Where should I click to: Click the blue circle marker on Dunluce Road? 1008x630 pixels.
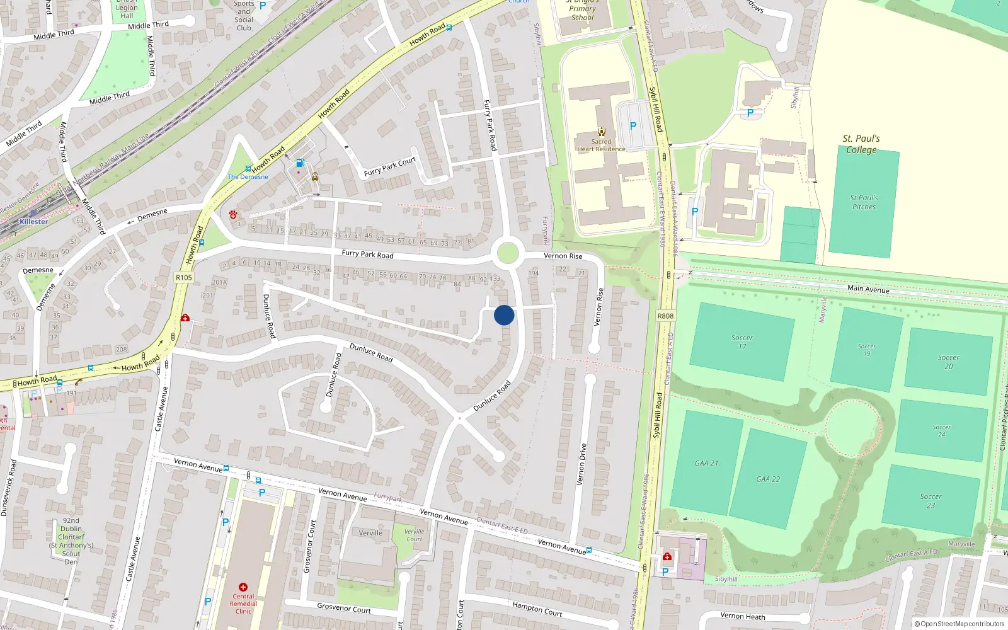pyautogui.click(x=504, y=315)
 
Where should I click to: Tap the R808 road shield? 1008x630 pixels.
pyautogui.click(x=665, y=316)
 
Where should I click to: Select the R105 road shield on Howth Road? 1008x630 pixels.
pyautogui.click(x=184, y=278)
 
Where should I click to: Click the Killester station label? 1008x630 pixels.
pyautogui.click(x=33, y=222)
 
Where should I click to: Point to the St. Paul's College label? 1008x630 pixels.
pyautogui.click(x=861, y=144)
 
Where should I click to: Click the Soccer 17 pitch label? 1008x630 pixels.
pyautogui.click(x=742, y=342)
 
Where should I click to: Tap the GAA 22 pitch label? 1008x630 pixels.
pyautogui.click(x=768, y=479)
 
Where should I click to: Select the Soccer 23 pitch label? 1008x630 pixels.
pyautogui.click(x=931, y=501)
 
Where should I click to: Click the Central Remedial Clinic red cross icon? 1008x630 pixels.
pyautogui.click(x=243, y=587)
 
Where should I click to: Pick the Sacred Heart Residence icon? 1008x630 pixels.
pyautogui.click(x=602, y=132)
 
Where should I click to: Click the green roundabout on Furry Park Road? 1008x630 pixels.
pyautogui.click(x=508, y=254)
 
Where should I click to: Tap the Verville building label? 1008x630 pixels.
pyautogui.click(x=370, y=533)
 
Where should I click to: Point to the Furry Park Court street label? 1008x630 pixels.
pyautogui.click(x=390, y=166)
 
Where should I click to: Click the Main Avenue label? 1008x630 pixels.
pyautogui.click(x=868, y=289)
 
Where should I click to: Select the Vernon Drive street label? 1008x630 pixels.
pyautogui.click(x=581, y=464)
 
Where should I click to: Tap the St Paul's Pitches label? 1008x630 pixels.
pyautogui.click(x=864, y=202)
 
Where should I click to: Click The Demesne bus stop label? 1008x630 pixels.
pyautogui.click(x=248, y=177)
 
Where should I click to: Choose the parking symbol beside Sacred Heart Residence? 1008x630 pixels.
pyautogui.click(x=633, y=126)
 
